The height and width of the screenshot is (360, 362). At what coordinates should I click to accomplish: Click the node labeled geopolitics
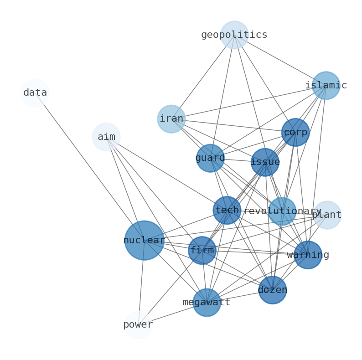click(234, 35)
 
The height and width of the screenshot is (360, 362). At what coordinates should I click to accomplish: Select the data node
click(35, 93)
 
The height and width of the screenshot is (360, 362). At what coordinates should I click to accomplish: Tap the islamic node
click(326, 86)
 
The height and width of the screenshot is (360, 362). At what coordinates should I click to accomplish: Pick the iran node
click(171, 119)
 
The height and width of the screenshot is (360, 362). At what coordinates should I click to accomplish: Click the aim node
click(106, 137)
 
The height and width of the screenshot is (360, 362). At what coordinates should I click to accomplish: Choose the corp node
click(295, 133)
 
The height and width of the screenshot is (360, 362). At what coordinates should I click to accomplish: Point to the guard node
click(210, 158)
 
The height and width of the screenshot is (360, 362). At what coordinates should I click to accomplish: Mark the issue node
click(265, 162)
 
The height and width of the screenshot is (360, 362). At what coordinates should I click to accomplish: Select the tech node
click(227, 211)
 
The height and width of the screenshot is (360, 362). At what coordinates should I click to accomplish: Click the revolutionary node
click(282, 211)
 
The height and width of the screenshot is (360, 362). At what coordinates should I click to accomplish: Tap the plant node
click(327, 215)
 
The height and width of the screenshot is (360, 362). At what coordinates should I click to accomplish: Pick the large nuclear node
click(145, 240)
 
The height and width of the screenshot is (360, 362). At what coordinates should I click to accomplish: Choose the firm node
click(202, 250)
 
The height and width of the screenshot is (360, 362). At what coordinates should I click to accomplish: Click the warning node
click(308, 255)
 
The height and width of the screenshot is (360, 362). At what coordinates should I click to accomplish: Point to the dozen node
click(273, 290)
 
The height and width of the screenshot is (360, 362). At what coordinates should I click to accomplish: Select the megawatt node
click(207, 303)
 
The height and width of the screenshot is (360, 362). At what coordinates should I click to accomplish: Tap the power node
click(138, 325)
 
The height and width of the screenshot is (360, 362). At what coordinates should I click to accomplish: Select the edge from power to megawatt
click(172, 314)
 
